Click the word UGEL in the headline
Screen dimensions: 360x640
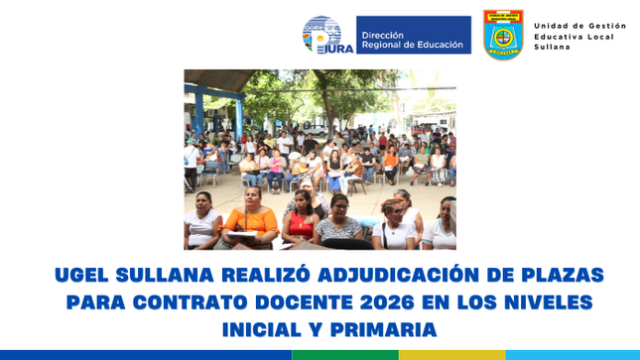coord(82,275)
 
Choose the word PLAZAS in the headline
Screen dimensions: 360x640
coord(556,275)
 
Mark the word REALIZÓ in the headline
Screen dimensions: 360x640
coord(228,275)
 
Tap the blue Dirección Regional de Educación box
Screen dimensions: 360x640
coord(413,35)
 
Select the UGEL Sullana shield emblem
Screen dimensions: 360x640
coord(503,35)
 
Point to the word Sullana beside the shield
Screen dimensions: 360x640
coord(552,47)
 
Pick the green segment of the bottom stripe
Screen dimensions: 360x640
coord(345,354)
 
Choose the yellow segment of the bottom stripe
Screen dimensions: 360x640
coord(451,354)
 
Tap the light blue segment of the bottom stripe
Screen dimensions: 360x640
coord(573,354)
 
